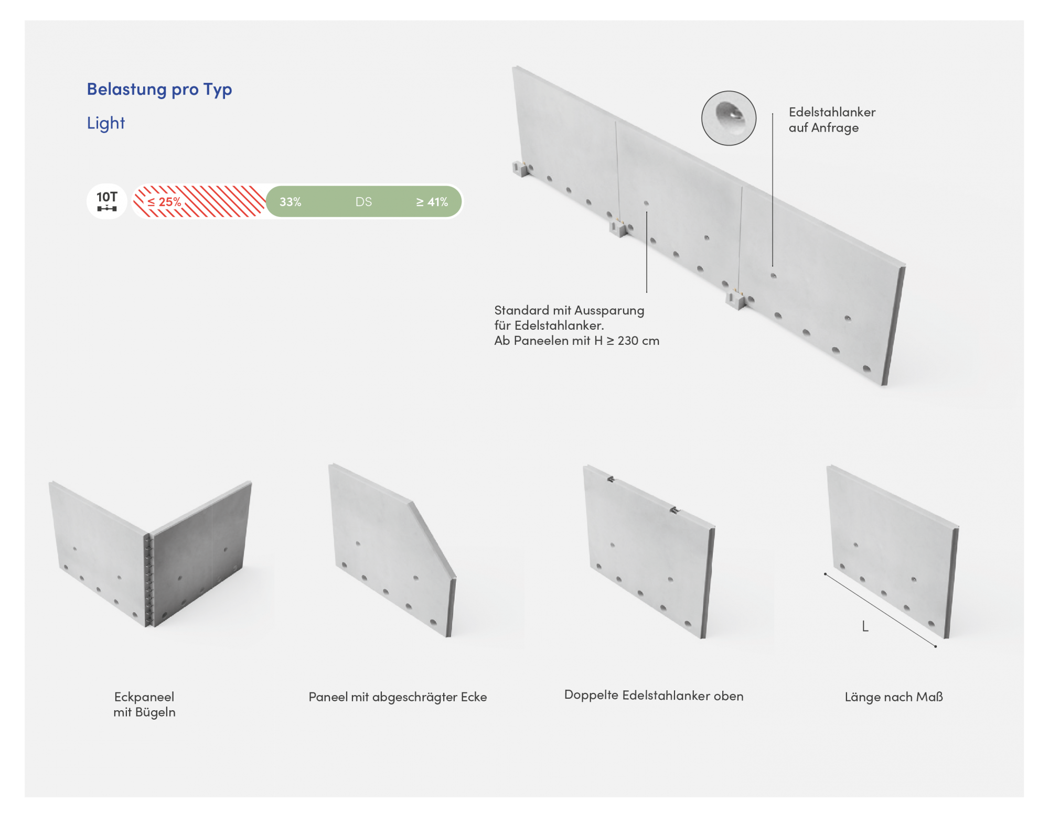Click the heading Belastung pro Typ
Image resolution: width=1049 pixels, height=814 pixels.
tap(159, 90)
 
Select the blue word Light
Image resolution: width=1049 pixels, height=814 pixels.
tap(106, 123)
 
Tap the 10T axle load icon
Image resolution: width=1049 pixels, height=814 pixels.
tap(107, 201)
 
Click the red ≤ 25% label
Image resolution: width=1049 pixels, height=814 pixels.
tap(164, 202)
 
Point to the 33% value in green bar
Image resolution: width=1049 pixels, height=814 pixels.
tap(291, 202)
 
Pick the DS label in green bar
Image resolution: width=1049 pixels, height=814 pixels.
tap(363, 202)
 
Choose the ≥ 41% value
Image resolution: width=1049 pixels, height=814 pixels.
tap(432, 202)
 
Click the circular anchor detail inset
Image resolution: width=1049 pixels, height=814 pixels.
tap(729, 118)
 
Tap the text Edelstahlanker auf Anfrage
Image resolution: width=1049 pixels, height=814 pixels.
tap(832, 120)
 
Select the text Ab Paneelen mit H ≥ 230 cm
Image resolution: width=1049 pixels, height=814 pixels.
tap(577, 341)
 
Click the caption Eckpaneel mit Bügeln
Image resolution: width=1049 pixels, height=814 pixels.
tap(144, 704)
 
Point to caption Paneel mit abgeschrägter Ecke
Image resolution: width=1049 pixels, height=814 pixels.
tap(398, 697)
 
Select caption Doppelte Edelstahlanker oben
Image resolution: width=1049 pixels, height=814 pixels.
tap(654, 696)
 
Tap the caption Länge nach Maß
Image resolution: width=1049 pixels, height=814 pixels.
tap(894, 697)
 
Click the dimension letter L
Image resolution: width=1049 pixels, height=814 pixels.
tap(865, 626)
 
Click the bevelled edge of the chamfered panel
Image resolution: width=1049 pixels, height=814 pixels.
tap(433, 540)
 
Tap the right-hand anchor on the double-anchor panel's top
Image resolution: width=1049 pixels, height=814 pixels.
tap(675, 509)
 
